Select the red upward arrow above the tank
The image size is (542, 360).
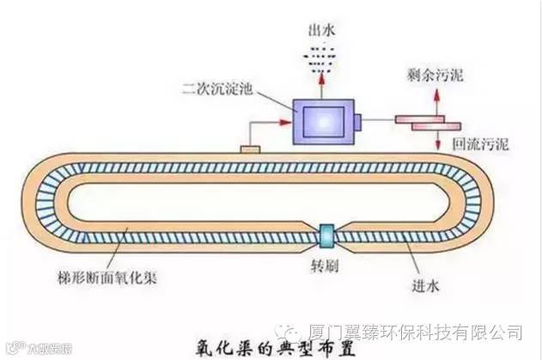322,83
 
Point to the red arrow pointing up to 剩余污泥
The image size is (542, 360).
435,101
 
